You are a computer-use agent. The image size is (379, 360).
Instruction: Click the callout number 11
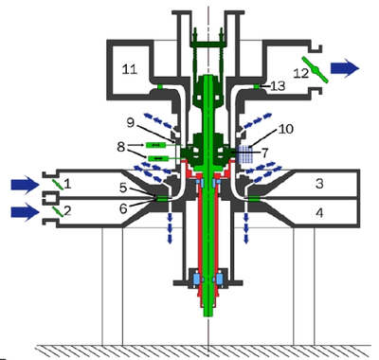[130, 68]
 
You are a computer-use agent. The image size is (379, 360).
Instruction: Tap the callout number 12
[300, 73]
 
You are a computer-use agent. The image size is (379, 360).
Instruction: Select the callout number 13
[278, 85]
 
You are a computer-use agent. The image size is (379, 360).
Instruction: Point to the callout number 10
[286, 129]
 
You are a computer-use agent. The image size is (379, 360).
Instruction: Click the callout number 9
[132, 123]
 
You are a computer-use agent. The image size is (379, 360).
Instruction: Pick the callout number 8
[121, 147]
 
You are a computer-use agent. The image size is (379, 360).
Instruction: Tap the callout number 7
[264, 153]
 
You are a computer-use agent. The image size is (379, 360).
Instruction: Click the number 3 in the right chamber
[319, 183]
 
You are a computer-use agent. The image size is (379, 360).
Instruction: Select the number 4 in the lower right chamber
[319, 213]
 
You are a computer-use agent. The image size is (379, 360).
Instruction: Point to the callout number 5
[123, 189]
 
